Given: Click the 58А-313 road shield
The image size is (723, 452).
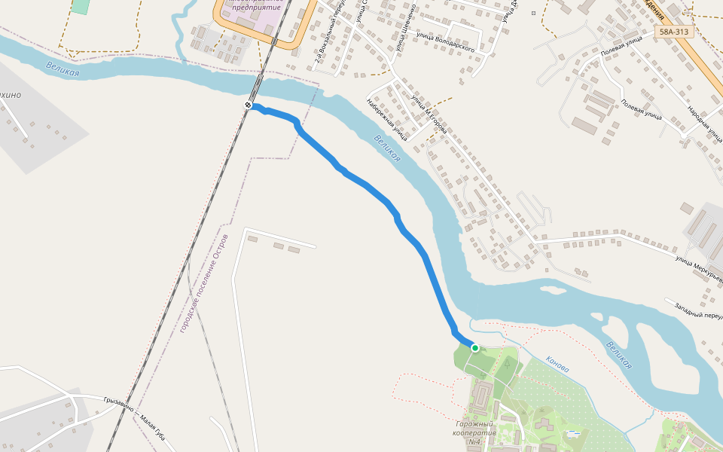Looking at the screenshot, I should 674,32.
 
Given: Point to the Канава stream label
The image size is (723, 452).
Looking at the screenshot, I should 557,363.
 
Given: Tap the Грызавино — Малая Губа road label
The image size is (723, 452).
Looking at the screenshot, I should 135,417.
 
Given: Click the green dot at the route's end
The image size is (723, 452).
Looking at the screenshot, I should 475,348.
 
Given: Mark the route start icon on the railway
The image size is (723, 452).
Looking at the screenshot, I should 248,105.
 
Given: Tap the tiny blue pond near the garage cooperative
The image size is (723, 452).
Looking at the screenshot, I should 574,432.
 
